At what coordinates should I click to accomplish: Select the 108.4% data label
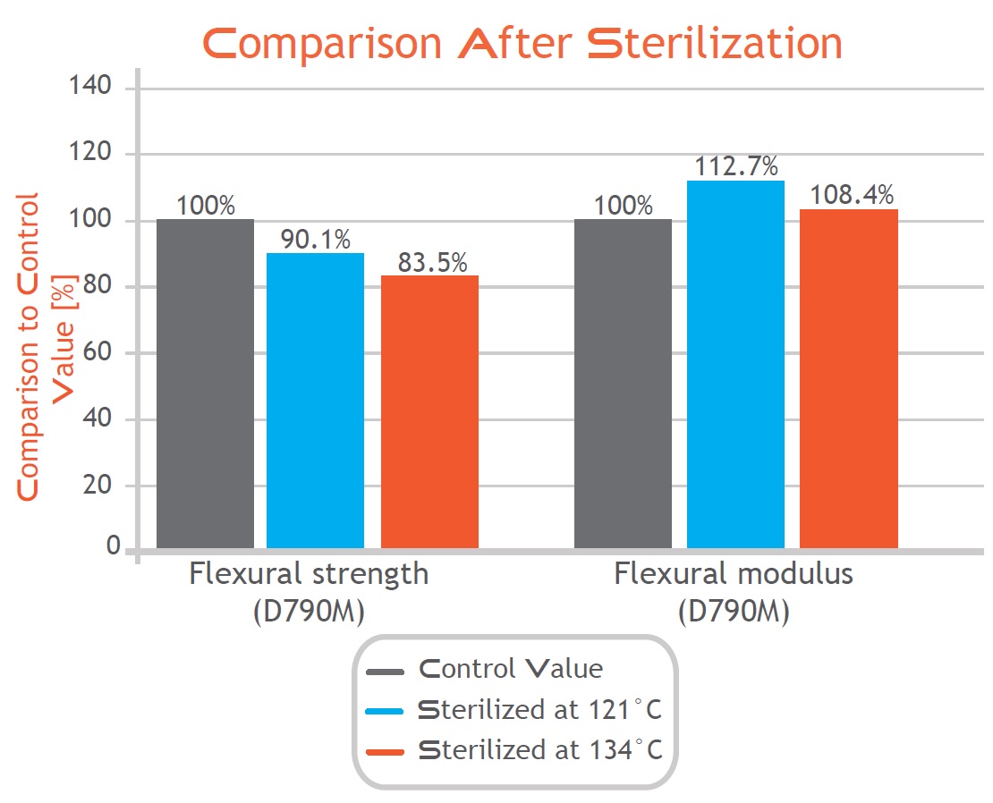[x=852, y=195]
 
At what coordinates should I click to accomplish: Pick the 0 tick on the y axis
[x=113, y=545]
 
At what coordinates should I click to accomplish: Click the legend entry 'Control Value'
[x=510, y=668]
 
